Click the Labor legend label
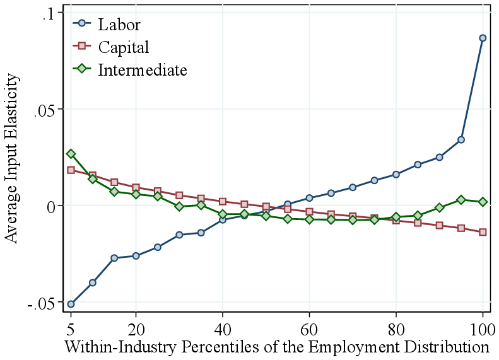pyautogui.click(x=119, y=25)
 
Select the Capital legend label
pyautogui.click(x=123, y=47)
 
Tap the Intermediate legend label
pyautogui.click(x=142, y=70)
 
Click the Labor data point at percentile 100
pyautogui.click(x=483, y=38)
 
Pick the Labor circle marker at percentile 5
pyautogui.click(x=71, y=304)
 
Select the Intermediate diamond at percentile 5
pyautogui.click(x=71, y=154)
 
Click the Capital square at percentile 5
pyautogui.click(x=71, y=170)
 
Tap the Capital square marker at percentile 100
pyautogui.click(x=483, y=232)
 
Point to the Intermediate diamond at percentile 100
pyautogui.click(x=483, y=202)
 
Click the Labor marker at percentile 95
pyautogui.click(x=461, y=139)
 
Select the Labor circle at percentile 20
pyautogui.click(x=136, y=255)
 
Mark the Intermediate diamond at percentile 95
pyautogui.click(x=461, y=199)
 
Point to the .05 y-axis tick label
pyautogui.click(x=44, y=109)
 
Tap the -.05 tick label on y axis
pyautogui.click(x=42, y=304)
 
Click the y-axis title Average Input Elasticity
pyautogui.click(x=12, y=158)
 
